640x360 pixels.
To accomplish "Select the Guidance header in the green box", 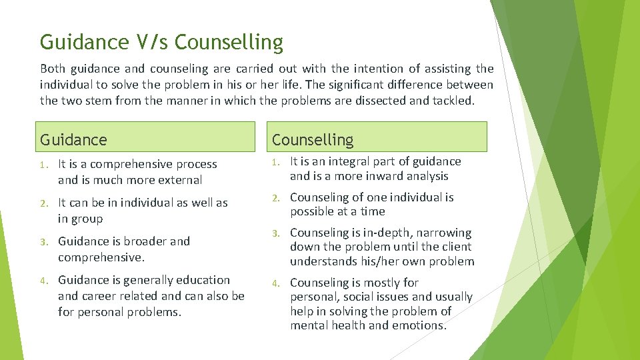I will coord(73,139).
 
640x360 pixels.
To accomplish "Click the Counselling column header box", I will coord(378,137).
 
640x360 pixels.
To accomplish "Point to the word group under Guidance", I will coord(87,219).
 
